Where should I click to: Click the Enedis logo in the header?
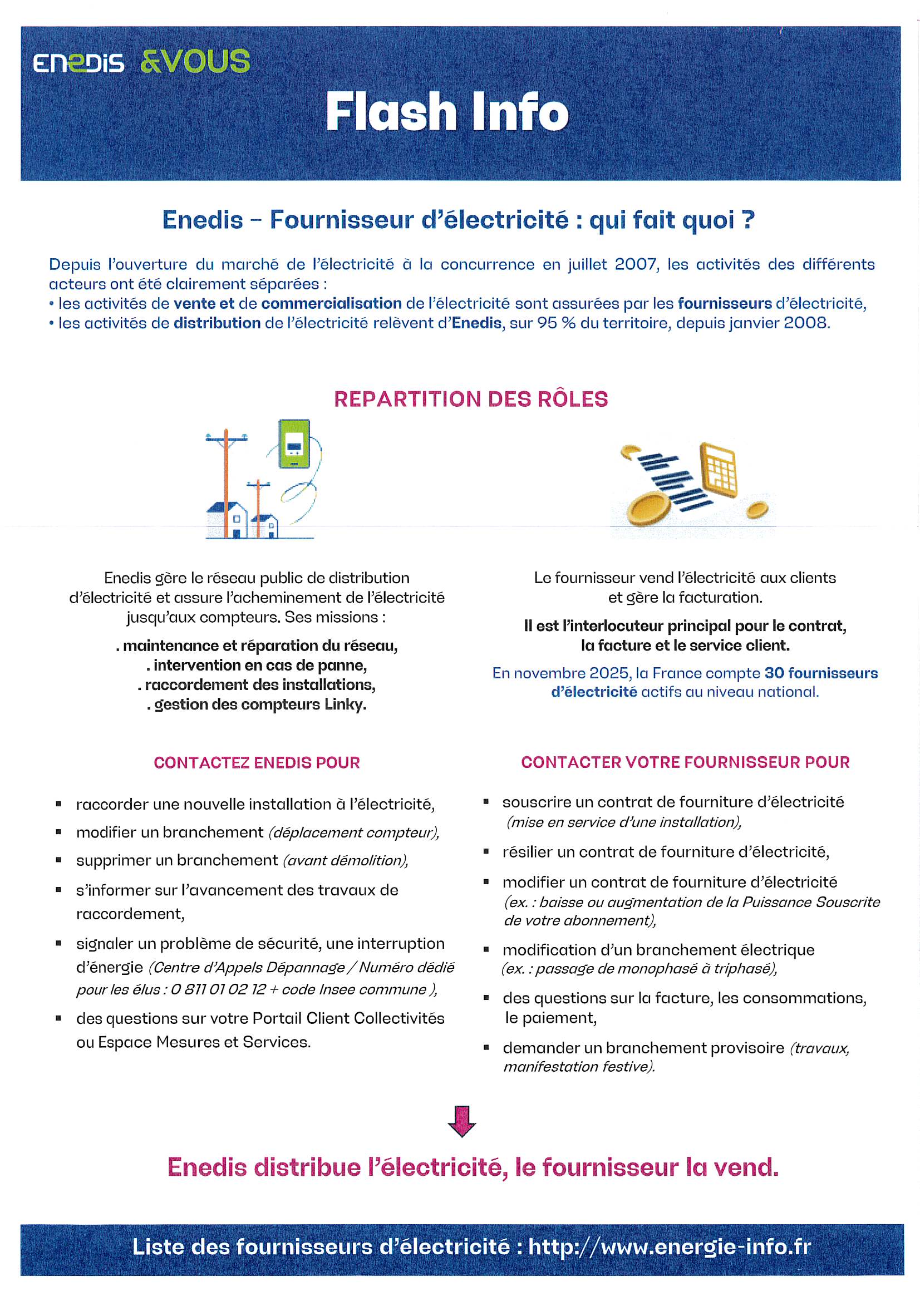coord(78,63)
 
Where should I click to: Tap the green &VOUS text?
coord(194,62)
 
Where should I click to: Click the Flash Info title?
coord(447,112)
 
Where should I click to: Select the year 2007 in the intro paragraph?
coord(636,264)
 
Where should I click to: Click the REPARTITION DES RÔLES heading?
coord(470,399)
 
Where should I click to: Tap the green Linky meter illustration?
coord(294,443)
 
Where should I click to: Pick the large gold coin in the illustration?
coord(647,508)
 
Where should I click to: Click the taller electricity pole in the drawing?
coord(225,482)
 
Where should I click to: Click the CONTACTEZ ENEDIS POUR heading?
coord(257,763)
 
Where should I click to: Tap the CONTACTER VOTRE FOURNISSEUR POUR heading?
coord(685,762)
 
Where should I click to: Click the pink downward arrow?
coord(461,1121)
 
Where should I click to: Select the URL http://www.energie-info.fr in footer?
coord(670,1246)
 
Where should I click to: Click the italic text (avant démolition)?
coord(345,860)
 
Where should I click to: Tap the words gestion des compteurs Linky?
coord(259,704)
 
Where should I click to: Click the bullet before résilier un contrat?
coord(486,851)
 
